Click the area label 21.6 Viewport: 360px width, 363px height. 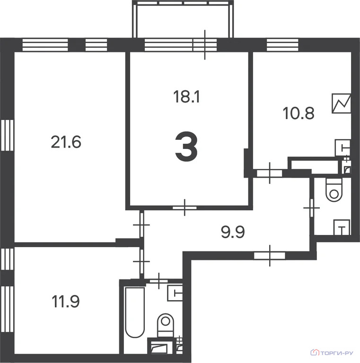click(66, 142)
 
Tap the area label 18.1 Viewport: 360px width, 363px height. click(186, 97)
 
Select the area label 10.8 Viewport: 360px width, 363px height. click(299, 113)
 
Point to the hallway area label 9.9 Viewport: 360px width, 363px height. click(233, 232)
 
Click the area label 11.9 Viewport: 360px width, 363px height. click(66, 302)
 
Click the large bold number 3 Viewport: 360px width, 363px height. click(186, 147)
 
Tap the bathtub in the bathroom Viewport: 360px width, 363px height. click(135, 312)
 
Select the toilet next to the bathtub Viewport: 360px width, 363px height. click(166, 325)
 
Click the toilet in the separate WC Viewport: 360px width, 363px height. click(334, 190)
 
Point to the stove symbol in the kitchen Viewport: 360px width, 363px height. click(341, 104)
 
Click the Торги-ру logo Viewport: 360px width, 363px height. click(332, 353)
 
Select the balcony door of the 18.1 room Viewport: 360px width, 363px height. click(205, 45)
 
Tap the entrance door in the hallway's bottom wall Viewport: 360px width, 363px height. click(270, 256)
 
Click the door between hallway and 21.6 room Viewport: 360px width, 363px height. click(142, 225)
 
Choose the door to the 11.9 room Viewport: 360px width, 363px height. click(142, 261)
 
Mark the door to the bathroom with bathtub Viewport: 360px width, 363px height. click(158, 281)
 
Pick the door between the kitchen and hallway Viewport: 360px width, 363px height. click(270, 173)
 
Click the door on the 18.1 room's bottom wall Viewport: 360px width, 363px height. click(184, 207)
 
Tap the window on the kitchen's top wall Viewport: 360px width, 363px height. click(282, 45)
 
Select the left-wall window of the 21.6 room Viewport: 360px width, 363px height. click(7, 135)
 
